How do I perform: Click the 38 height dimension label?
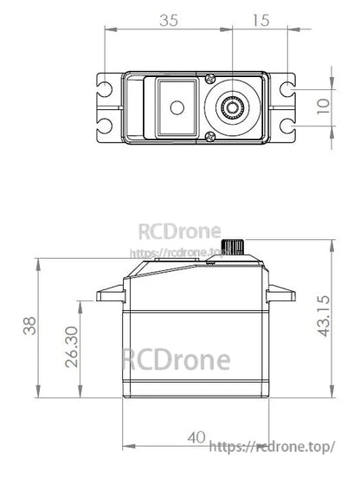30,326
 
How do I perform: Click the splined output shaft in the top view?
234,107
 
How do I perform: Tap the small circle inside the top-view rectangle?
177,107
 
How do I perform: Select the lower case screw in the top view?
210,136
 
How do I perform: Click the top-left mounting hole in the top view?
105,88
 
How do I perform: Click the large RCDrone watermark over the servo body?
176,358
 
